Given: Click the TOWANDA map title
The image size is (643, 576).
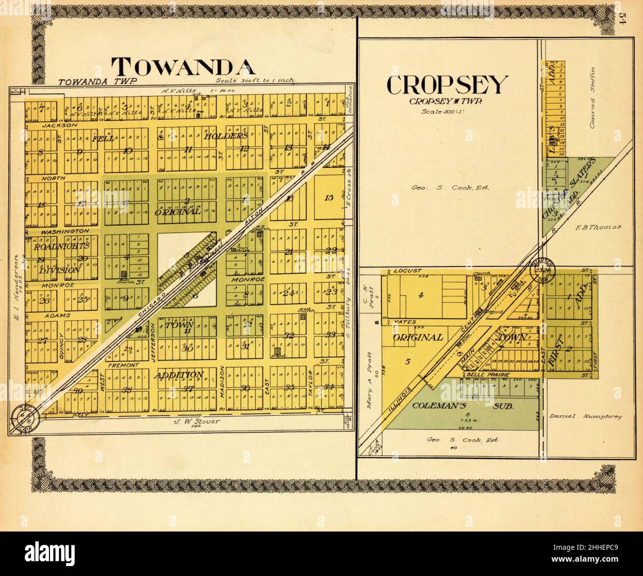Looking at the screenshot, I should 183,67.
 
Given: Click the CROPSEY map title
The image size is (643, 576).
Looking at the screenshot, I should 447,85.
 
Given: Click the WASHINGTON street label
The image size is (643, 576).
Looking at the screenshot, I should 65,231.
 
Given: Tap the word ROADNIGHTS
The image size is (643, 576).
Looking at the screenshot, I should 62,246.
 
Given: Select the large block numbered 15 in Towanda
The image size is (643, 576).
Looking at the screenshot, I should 328,198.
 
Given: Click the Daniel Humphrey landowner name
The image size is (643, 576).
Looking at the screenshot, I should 586,416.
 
